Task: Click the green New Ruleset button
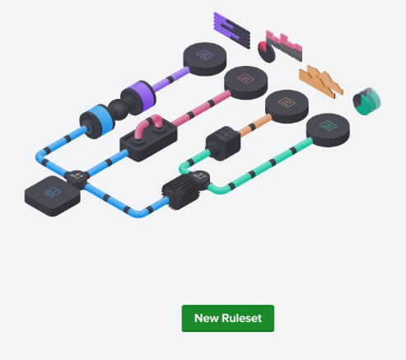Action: tap(228, 318)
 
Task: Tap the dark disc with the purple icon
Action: tap(205, 58)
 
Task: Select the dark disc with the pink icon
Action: tap(245, 82)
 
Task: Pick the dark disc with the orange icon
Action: tap(287, 106)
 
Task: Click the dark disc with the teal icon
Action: tap(328, 130)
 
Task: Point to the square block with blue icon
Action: tap(53, 196)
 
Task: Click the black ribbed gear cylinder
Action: tap(180, 193)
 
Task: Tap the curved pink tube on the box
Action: tap(149, 125)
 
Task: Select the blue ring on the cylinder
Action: tap(101, 119)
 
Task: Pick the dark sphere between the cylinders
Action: tap(119, 110)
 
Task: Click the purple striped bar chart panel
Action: tap(232, 30)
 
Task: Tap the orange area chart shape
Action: tap(321, 82)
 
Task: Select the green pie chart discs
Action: tap(366, 101)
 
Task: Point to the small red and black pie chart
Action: tap(266, 52)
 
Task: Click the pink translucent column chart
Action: tap(284, 45)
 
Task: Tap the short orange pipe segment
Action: tap(254, 125)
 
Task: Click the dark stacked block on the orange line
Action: tap(223, 143)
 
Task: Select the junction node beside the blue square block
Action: tap(77, 177)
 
